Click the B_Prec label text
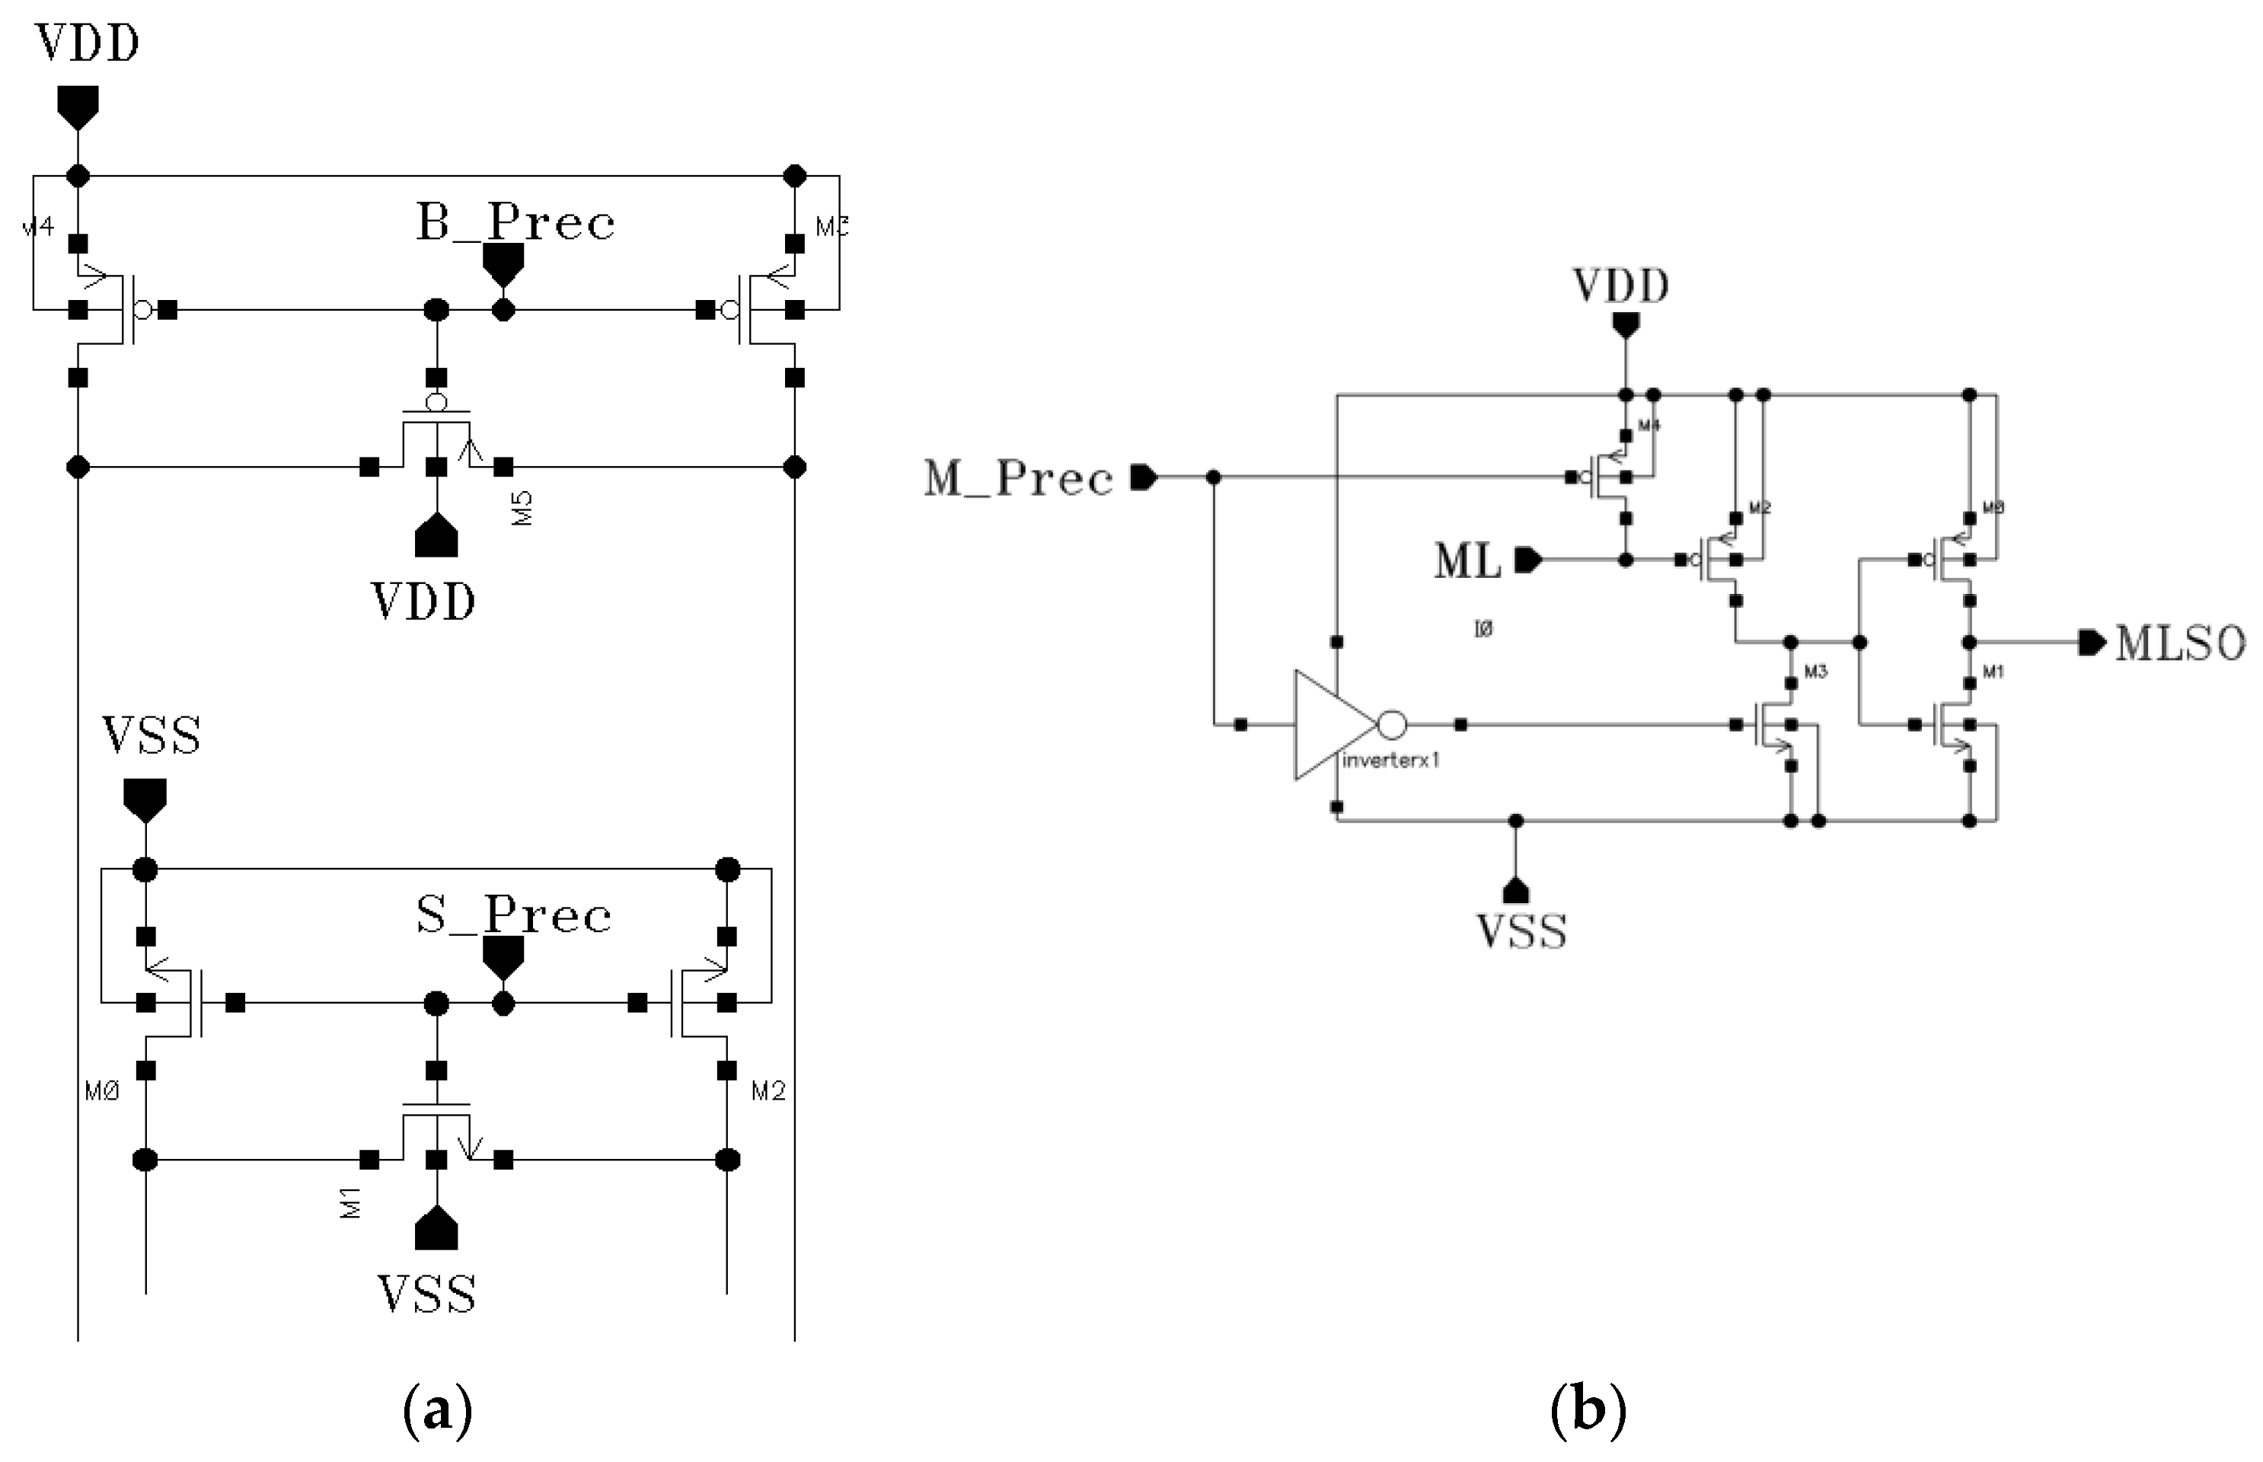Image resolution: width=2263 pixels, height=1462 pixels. [x=515, y=224]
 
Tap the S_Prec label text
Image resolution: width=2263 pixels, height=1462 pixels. [x=513, y=916]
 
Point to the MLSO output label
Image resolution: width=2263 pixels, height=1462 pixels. [x=2179, y=643]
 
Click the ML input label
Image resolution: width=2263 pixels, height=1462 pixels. [x=1467, y=561]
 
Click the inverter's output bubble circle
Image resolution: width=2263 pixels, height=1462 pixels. [x=1392, y=726]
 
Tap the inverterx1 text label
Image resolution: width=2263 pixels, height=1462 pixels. [x=1390, y=761]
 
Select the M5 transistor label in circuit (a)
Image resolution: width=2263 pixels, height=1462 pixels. [x=522, y=509]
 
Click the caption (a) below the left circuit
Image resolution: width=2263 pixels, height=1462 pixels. [x=438, y=1412]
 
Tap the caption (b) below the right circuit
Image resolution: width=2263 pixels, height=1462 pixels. [x=1587, y=1412]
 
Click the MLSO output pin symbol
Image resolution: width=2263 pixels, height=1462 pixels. [x=2091, y=643]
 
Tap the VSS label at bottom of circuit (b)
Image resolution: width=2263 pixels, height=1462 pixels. [x=1521, y=931]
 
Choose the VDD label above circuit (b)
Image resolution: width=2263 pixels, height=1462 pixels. [x=1620, y=286]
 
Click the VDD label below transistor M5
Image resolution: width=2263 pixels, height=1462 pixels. [x=423, y=602]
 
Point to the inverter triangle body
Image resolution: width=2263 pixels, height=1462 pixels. [x=1329, y=726]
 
